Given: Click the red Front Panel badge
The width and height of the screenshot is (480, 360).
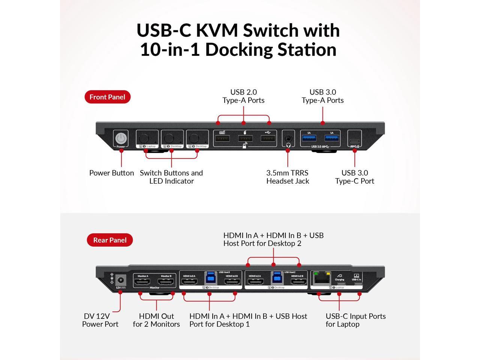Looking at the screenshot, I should (x=107, y=97).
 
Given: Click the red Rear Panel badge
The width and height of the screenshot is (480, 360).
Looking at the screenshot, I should (x=109, y=240).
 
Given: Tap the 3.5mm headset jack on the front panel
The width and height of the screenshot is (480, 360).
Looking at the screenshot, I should (x=288, y=138).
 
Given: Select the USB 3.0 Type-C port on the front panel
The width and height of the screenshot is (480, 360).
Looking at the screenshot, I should (x=355, y=142).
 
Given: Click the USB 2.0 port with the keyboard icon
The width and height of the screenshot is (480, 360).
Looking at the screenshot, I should (x=222, y=139).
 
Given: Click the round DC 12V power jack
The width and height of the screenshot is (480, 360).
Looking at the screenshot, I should (x=121, y=280).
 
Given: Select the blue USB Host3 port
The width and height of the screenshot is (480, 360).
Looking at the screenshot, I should (x=210, y=278).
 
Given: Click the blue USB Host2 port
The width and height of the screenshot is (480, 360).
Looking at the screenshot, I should (x=277, y=278).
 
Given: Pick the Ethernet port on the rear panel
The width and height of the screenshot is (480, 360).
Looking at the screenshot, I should (x=319, y=279).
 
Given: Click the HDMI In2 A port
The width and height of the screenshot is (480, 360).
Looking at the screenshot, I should (x=255, y=282).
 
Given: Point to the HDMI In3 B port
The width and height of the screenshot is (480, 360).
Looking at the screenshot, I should (x=232, y=282).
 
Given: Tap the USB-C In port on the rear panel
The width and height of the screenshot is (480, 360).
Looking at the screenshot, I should (x=356, y=284).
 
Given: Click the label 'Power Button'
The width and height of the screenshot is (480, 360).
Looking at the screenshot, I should (x=111, y=173).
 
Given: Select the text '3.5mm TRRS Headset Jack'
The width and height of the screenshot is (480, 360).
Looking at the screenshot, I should (x=288, y=177).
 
